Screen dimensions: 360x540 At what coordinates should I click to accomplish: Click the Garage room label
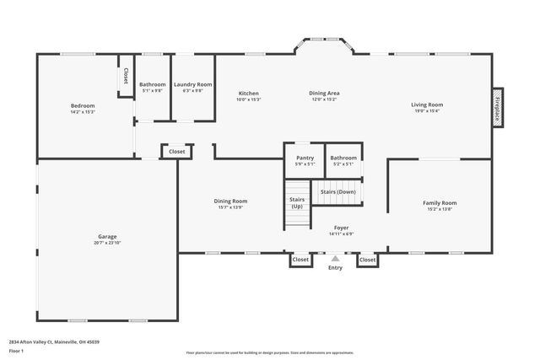pyautogui.click(x=107, y=236)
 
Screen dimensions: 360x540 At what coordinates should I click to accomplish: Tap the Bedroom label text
pyautogui.click(x=82, y=105)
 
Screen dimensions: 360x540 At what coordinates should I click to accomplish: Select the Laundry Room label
pyautogui.click(x=192, y=85)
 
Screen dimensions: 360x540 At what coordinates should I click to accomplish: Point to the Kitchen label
pyautogui.click(x=248, y=93)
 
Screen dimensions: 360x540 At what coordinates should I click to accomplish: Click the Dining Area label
pyautogui.click(x=324, y=93)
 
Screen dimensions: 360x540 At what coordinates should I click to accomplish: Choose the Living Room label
pyautogui.click(x=426, y=105)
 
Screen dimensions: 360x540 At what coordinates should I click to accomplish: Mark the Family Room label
pyautogui.click(x=439, y=202)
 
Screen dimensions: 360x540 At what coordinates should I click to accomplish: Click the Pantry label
pyautogui.click(x=304, y=158)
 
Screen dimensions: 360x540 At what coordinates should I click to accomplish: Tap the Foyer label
pyautogui.click(x=341, y=228)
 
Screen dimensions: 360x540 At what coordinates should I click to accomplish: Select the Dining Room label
pyautogui.click(x=229, y=201)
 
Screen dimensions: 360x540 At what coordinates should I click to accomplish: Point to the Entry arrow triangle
pyautogui.click(x=335, y=259)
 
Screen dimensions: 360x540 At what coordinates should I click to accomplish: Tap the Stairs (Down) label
pyautogui.click(x=337, y=191)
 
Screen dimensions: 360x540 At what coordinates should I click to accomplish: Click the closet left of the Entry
pyautogui.click(x=300, y=260)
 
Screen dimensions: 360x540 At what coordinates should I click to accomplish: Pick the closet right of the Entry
pyautogui.click(x=368, y=260)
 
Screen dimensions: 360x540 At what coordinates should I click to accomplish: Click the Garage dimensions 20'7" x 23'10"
pyautogui.click(x=107, y=242)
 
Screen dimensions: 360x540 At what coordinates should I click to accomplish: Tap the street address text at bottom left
pyautogui.click(x=54, y=341)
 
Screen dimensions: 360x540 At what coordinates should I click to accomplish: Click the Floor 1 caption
pyautogui.click(x=16, y=351)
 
